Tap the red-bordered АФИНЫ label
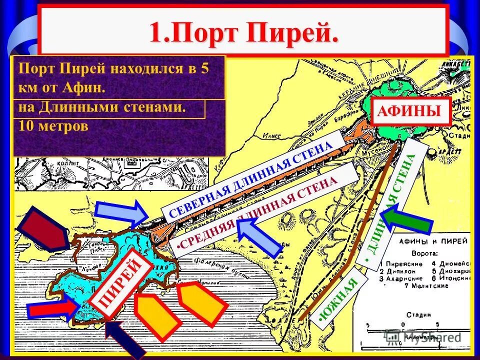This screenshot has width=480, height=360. click(x=412, y=111)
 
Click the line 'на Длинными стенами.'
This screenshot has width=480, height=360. click(x=102, y=108)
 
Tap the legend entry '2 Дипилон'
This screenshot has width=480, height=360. click(x=400, y=270)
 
